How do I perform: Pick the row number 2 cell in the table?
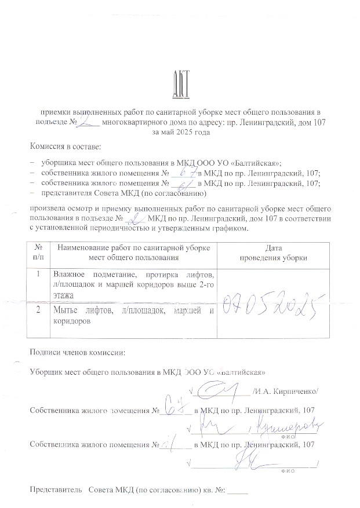click(x=38, y=310)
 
